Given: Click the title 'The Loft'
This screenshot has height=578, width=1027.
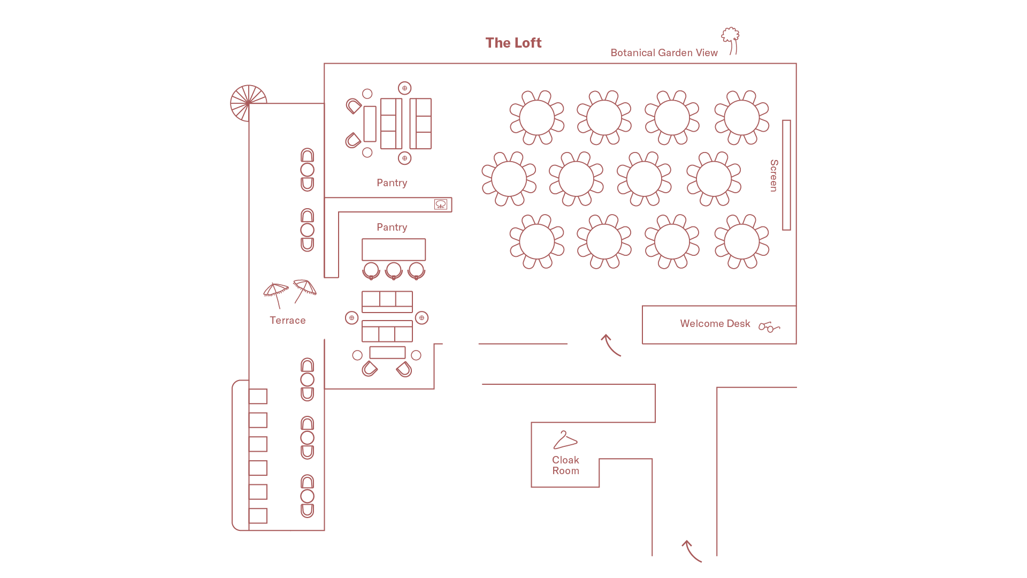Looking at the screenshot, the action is coord(513,43).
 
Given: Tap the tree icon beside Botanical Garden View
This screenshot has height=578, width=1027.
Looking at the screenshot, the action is coord(731,41).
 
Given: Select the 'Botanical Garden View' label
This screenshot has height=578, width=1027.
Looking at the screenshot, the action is coord(664,52).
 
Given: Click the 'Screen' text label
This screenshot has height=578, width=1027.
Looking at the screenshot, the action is coord(773,176).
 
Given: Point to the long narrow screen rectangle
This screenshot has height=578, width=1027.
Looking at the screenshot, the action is coord(786,175).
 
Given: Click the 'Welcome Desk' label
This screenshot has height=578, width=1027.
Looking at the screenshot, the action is coord(715,323).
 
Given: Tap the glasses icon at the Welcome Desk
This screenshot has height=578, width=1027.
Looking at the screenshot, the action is coord(769,326).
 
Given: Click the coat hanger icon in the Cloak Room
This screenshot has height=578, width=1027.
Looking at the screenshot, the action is coord(565,440).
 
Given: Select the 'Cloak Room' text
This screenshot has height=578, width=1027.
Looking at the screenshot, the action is coord(565,465).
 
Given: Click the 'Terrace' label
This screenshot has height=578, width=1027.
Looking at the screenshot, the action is coord(287,320).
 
